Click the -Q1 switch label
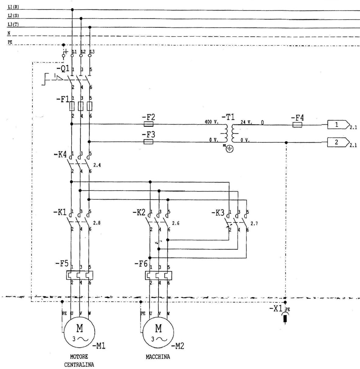[63, 69]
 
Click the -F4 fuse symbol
[297, 125]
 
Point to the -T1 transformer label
[228, 117]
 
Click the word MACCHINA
[158, 357]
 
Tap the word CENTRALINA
[79, 364]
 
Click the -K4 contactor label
[60, 155]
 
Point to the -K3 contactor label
[218, 213]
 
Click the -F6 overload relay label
[141, 263]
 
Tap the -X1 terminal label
[276, 309]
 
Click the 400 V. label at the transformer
[212, 122]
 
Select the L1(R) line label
[13, 7]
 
